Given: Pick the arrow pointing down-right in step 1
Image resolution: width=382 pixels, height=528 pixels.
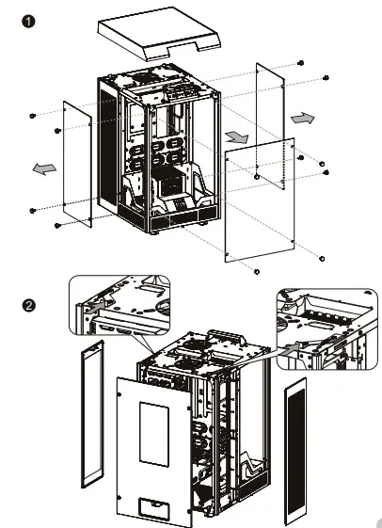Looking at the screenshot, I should click(238, 137).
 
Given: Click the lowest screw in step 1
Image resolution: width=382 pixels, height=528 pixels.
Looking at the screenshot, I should click(257, 271).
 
